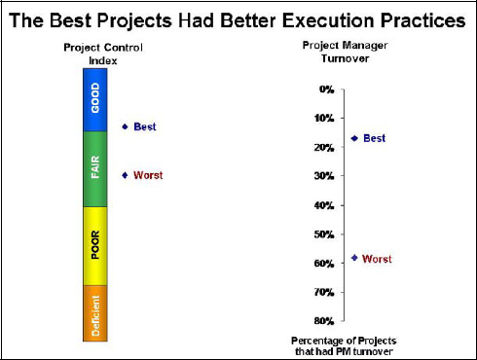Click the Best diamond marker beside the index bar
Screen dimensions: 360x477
pos(125,126)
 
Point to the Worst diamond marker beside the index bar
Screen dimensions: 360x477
pos(125,175)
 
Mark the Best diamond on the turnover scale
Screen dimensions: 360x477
pos(354,138)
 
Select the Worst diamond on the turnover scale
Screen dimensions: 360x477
pos(354,259)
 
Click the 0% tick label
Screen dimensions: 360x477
pos(326,90)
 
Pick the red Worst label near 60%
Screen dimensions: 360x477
pos(377,259)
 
